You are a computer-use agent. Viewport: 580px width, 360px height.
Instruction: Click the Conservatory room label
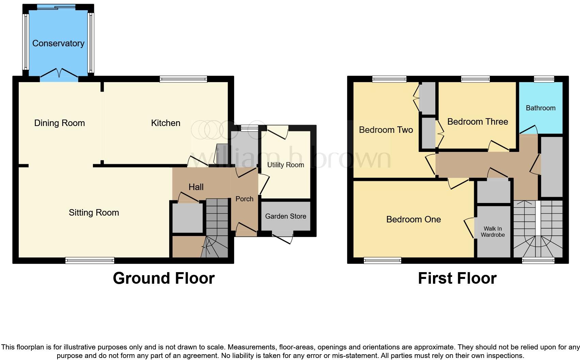click(x=58, y=43)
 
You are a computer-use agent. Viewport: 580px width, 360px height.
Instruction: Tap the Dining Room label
click(x=60, y=123)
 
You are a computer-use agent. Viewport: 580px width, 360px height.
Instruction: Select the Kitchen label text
click(x=165, y=123)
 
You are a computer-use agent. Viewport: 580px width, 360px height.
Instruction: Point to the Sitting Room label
click(x=94, y=213)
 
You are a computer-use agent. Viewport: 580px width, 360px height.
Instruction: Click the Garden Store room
click(x=285, y=216)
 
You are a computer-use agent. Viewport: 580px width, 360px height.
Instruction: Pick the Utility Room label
click(x=285, y=165)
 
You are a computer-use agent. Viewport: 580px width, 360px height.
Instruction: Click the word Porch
click(x=244, y=199)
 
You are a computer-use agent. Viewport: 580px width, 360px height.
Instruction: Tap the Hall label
click(x=196, y=187)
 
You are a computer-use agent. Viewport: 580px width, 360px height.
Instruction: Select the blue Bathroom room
click(x=541, y=108)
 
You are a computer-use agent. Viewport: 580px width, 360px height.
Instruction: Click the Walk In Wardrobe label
click(x=493, y=232)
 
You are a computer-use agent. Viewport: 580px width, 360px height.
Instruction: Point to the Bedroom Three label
click(x=477, y=122)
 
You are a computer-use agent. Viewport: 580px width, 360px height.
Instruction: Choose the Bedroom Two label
click(x=386, y=130)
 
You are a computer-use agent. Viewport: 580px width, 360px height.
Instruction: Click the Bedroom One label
click(x=413, y=219)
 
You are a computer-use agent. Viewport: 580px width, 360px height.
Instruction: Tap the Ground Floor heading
click(x=163, y=278)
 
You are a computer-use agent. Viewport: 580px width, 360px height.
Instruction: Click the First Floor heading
click(x=457, y=278)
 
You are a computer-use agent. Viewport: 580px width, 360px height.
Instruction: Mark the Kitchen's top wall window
click(x=183, y=79)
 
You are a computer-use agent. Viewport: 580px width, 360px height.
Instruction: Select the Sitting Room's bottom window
click(x=90, y=261)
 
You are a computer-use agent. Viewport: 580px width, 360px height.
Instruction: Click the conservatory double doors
click(x=59, y=74)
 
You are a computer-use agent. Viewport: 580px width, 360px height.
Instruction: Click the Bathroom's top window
click(x=544, y=79)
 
